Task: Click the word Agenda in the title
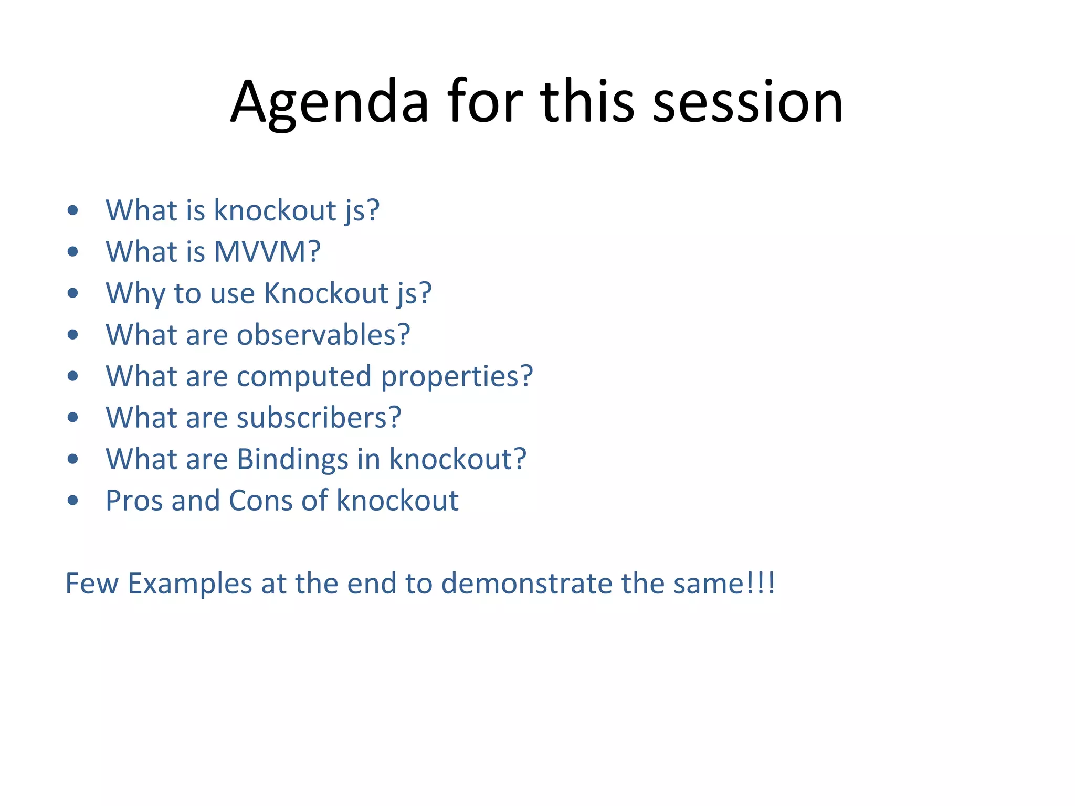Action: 330,102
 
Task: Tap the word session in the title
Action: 747,102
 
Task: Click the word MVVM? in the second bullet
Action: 267,252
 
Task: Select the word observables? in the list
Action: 323,335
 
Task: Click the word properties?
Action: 457,377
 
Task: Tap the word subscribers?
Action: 319,418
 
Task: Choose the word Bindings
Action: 293,460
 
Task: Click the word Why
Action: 135,293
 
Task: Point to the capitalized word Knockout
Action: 326,293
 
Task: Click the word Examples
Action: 190,584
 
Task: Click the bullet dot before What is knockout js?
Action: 73,211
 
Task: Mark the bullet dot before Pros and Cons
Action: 73,501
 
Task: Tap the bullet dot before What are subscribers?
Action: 73,418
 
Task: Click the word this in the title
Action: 587,102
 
